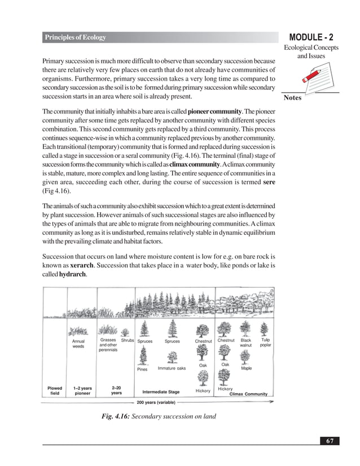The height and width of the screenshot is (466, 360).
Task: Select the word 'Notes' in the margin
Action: pos(293,98)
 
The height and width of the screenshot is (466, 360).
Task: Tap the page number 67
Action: pos(329,440)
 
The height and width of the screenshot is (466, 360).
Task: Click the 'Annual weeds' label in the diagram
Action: pos(78,344)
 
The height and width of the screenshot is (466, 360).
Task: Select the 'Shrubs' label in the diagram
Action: pos(128,341)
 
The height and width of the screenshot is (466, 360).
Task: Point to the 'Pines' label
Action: pos(142,370)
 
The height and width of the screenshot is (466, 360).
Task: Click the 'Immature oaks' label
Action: pos(172,368)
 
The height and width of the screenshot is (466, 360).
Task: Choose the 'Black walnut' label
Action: pos(246,343)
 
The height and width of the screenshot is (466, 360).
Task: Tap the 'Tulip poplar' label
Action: pos(266,343)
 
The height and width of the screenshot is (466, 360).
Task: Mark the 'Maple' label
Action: pos(247,368)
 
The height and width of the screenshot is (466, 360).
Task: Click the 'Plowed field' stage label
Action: pos(55,390)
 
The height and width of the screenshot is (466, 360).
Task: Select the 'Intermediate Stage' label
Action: pos(161,392)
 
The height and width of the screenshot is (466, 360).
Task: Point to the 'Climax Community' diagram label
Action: pos(248,394)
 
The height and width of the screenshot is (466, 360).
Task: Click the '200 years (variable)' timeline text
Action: pos(156,402)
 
